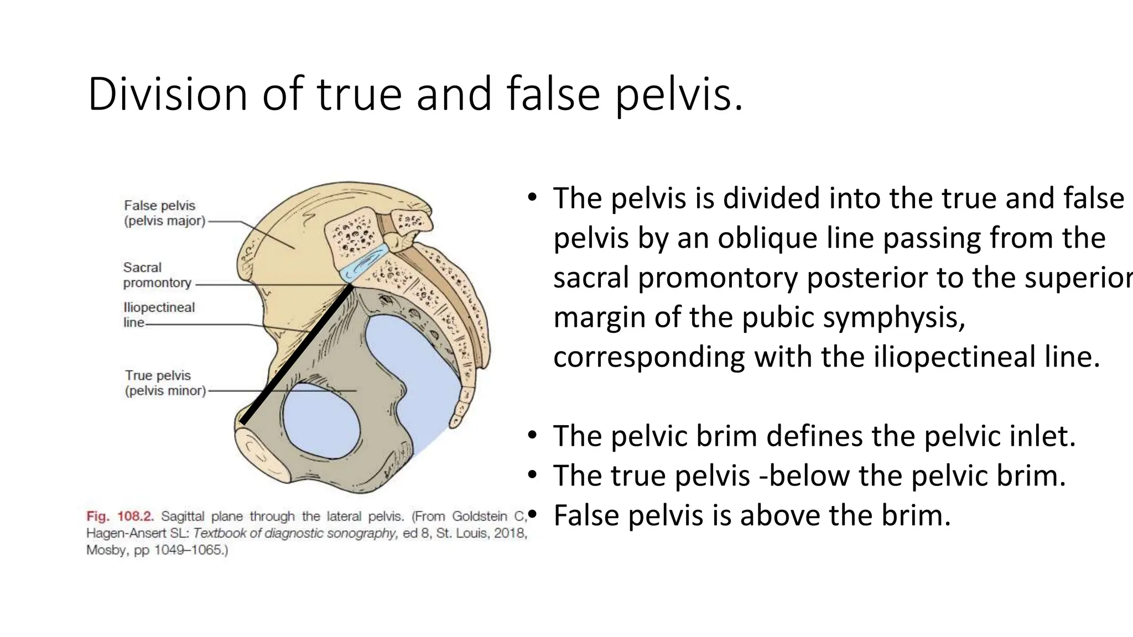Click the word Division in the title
tap(168, 94)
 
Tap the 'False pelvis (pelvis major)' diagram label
tap(164, 213)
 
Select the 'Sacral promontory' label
tap(157, 275)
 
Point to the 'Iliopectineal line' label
tap(159, 315)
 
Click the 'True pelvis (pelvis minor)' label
tap(165, 383)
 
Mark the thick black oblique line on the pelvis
tap(297, 354)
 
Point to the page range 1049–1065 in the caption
tap(188, 550)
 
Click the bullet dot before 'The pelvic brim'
tap(532, 436)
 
